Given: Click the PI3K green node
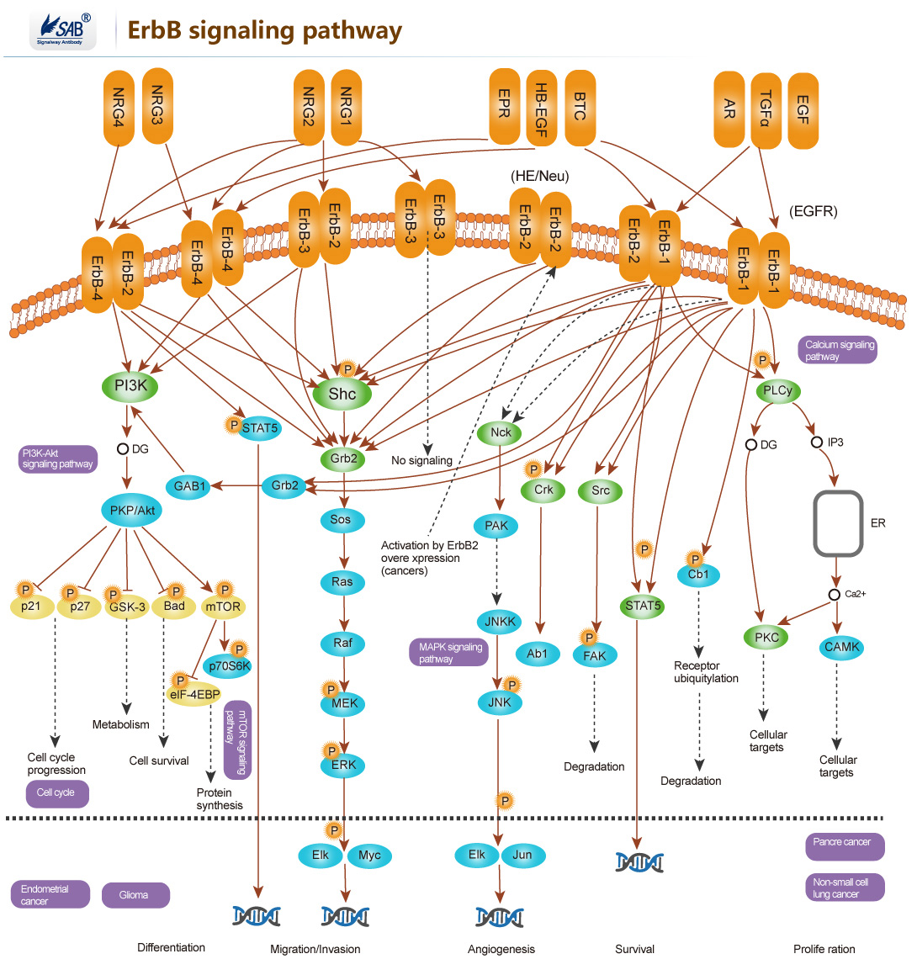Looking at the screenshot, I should pyautogui.click(x=130, y=386).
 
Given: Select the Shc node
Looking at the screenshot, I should pyautogui.click(x=342, y=394).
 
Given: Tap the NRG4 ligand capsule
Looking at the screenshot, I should pyautogui.click(x=119, y=107).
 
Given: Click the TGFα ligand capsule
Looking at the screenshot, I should pyautogui.click(x=765, y=110).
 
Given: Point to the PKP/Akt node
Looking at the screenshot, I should pyautogui.click(x=132, y=511).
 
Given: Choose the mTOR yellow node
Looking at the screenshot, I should pyautogui.click(x=223, y=607).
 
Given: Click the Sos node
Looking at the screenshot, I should pyautogui.click(x=341, y=520).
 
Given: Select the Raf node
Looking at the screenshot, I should pyautogui.click(x=342, y=644).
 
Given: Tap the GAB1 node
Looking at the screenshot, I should pyautogui.click(x=189, y=486).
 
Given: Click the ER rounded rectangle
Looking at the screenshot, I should pyautogui.click(x=838, y=524).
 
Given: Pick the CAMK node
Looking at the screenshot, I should pyautogui.click(x=841, y=647).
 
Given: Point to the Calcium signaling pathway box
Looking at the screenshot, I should pyautogui.click(x=838, y=350).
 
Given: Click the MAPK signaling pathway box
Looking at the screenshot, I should pyautogui.click(x=448, y=653).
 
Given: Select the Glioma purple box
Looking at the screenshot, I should pyautogui.click(x=135, y=895).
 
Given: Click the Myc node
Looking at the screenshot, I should pyautogui.click(x=369, y=856).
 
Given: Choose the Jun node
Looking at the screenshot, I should pyautogui.click(x=522, y=855).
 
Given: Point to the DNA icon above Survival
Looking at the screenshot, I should pyautogui.click(x=639, y=862).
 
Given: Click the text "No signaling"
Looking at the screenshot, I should pyautogui.click(x=421, y=461).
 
